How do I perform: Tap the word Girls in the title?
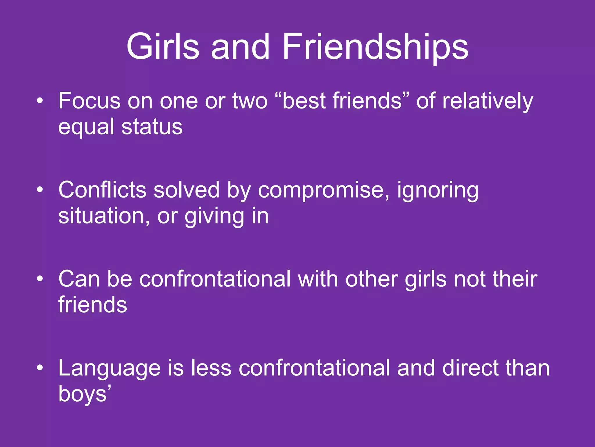pos(163,47)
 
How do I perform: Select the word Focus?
pos(89,101)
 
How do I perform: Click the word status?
pos(152,127)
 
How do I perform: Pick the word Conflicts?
pos(102,190)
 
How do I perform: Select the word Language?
pos(109,368)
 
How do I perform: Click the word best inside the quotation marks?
pos(304,101)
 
